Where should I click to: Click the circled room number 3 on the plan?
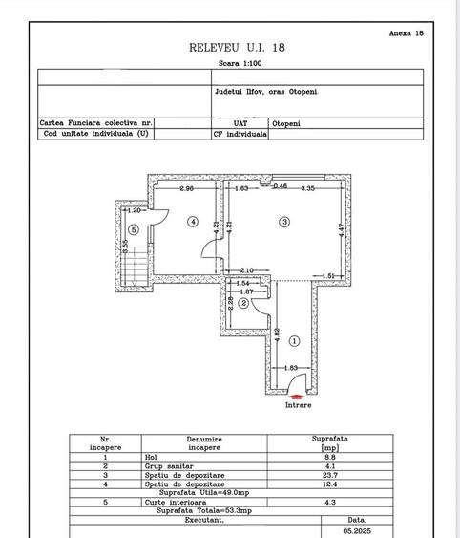tap(284, 222)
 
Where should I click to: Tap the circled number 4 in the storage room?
tap(193, 222)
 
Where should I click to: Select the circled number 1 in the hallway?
tap(294, 340)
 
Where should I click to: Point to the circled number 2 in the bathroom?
tap(243, 304)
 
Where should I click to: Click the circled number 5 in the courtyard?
tap(135, 229)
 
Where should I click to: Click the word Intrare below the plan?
tap(298, 404)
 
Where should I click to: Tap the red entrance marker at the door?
tap(297, 393)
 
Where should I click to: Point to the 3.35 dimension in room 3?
tap(307, 189)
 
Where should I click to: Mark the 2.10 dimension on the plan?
tap(245, 270)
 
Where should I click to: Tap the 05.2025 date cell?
tap(358, 528)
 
